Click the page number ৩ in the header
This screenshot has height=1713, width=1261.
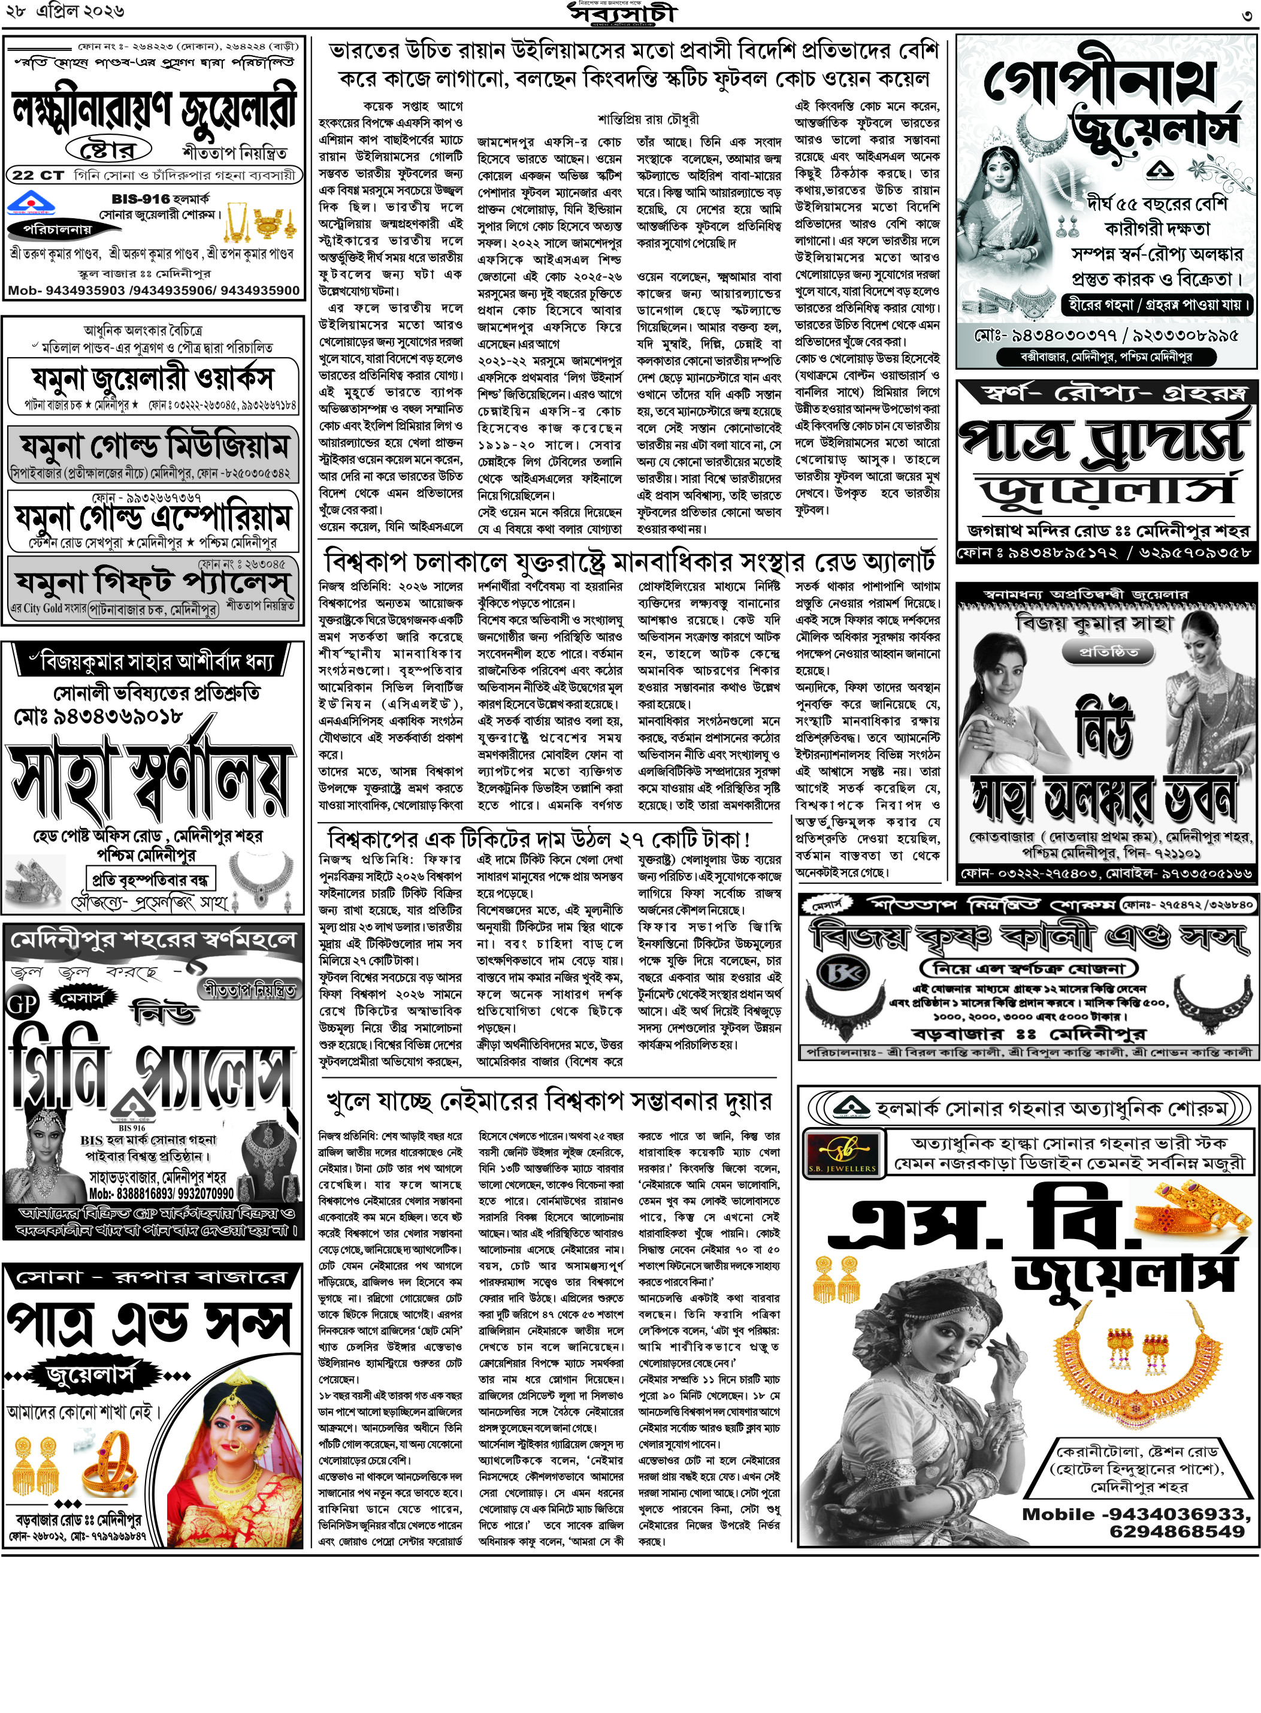click(x=1247, y=14)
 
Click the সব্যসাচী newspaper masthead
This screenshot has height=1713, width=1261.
click(x=622, y=14)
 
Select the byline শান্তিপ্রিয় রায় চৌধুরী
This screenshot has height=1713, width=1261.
click(x=648, y=119)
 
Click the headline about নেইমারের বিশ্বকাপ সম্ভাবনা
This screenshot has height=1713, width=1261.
click(x=549, y=1101)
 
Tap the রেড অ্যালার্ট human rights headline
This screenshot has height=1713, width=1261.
click(x=629, y=562)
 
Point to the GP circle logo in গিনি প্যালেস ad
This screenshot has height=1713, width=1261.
click(x=22, y=1002)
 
